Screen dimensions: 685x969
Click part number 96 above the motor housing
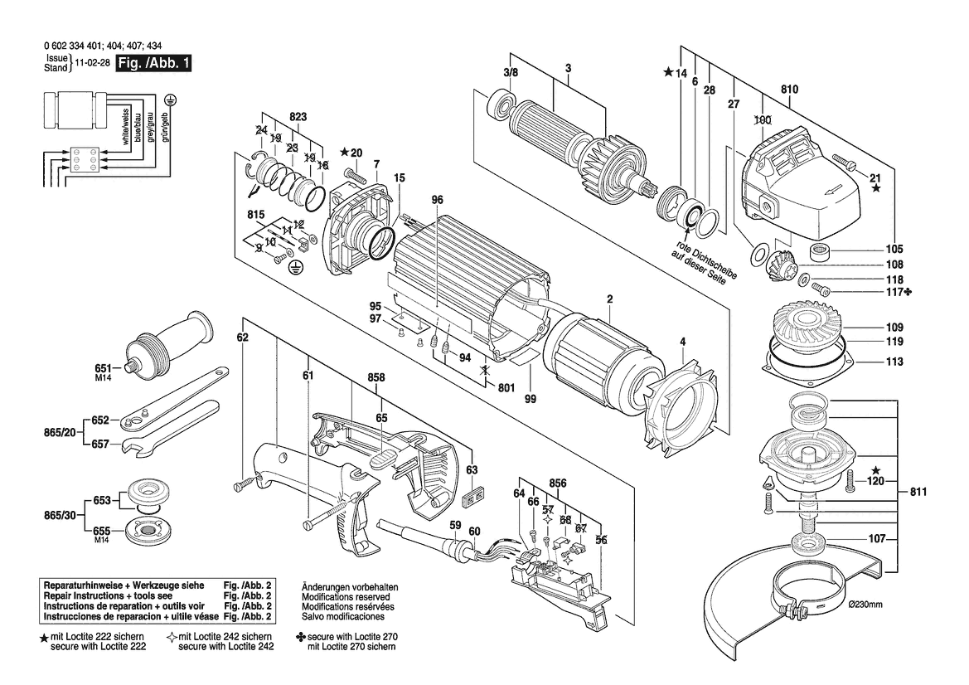(437, 200)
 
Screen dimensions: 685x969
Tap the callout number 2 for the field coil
(609, 299)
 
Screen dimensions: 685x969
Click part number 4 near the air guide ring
(682, 341)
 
